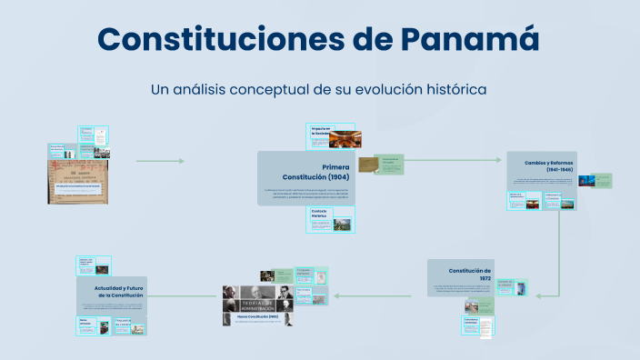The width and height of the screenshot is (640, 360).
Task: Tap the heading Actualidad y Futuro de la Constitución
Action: pyautogui.click(x=113, y=291)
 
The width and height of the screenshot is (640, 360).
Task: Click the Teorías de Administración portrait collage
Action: pyautogui.click(x=258, y=301)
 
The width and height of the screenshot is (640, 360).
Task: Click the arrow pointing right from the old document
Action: pyautogui.click(x=160, y=161)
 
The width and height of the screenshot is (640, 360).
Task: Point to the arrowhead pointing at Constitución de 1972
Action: pyautogui.click(x=540, y=295)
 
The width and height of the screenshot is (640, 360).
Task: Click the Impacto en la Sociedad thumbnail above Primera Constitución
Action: pyautogui.click(x=334, y=137)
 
